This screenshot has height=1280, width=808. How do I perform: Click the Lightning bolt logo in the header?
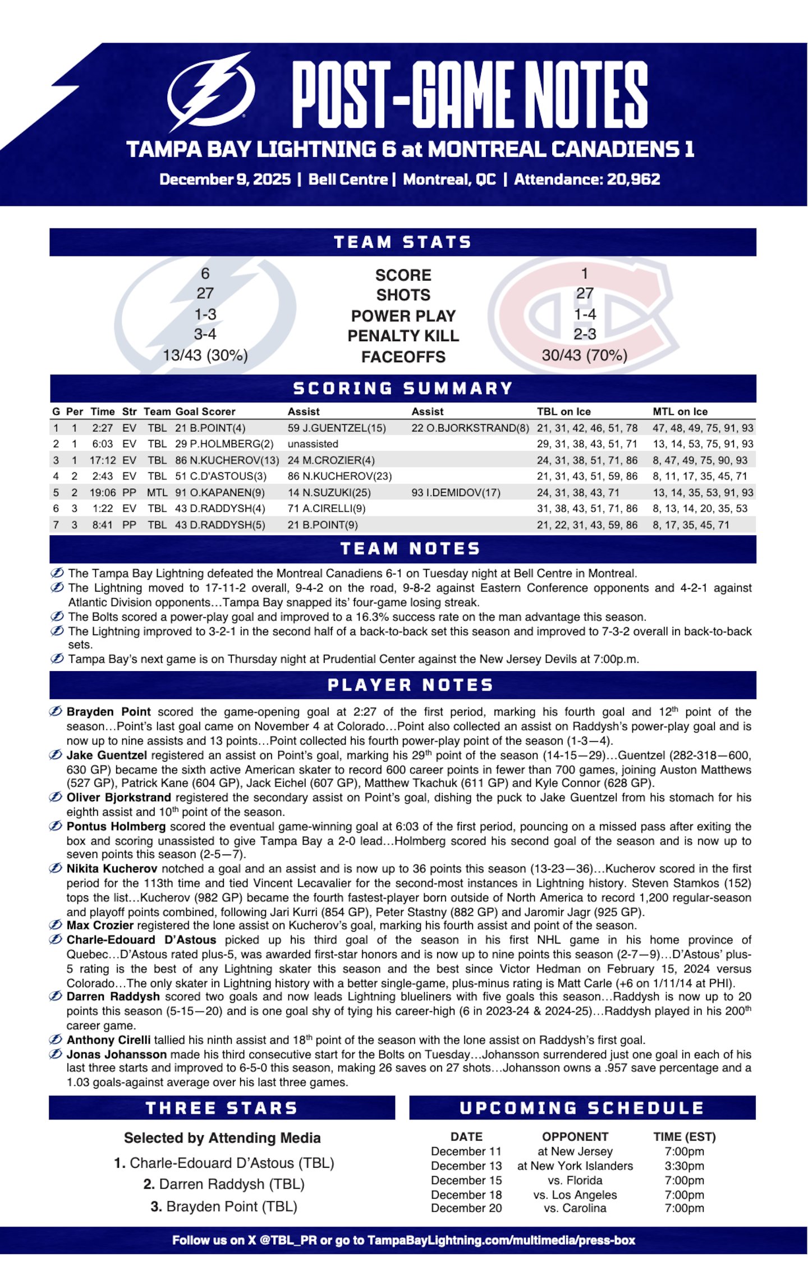pos(210,93)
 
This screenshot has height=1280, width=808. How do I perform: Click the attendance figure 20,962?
pos(633,180)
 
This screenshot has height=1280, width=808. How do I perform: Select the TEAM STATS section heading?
pos(403,242)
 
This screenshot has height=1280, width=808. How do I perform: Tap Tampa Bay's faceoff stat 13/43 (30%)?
pos(205,356)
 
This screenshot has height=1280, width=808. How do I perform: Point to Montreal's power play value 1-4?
pos(585,315)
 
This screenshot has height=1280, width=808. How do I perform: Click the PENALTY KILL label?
pos(403,336)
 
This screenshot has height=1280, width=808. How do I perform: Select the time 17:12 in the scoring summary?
pos(103,460)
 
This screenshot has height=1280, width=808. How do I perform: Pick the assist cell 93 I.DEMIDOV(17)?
pos(456,493)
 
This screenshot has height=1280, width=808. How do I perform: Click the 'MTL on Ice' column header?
pos(680,411)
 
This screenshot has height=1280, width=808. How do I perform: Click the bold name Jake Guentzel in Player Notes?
pos(107,755)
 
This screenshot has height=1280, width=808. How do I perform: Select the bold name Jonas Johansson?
pos(116,1054)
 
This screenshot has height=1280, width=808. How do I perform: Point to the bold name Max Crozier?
pos(100,925)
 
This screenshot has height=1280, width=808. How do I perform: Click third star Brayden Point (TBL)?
pos(224,1206)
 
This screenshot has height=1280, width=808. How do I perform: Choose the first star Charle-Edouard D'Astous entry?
pos(224,1163)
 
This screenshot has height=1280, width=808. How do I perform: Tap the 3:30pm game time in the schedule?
pos(684,1166)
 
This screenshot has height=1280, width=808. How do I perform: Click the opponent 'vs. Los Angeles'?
pos(575,1195)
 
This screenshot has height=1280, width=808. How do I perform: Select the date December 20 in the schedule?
pos(466,1208)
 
